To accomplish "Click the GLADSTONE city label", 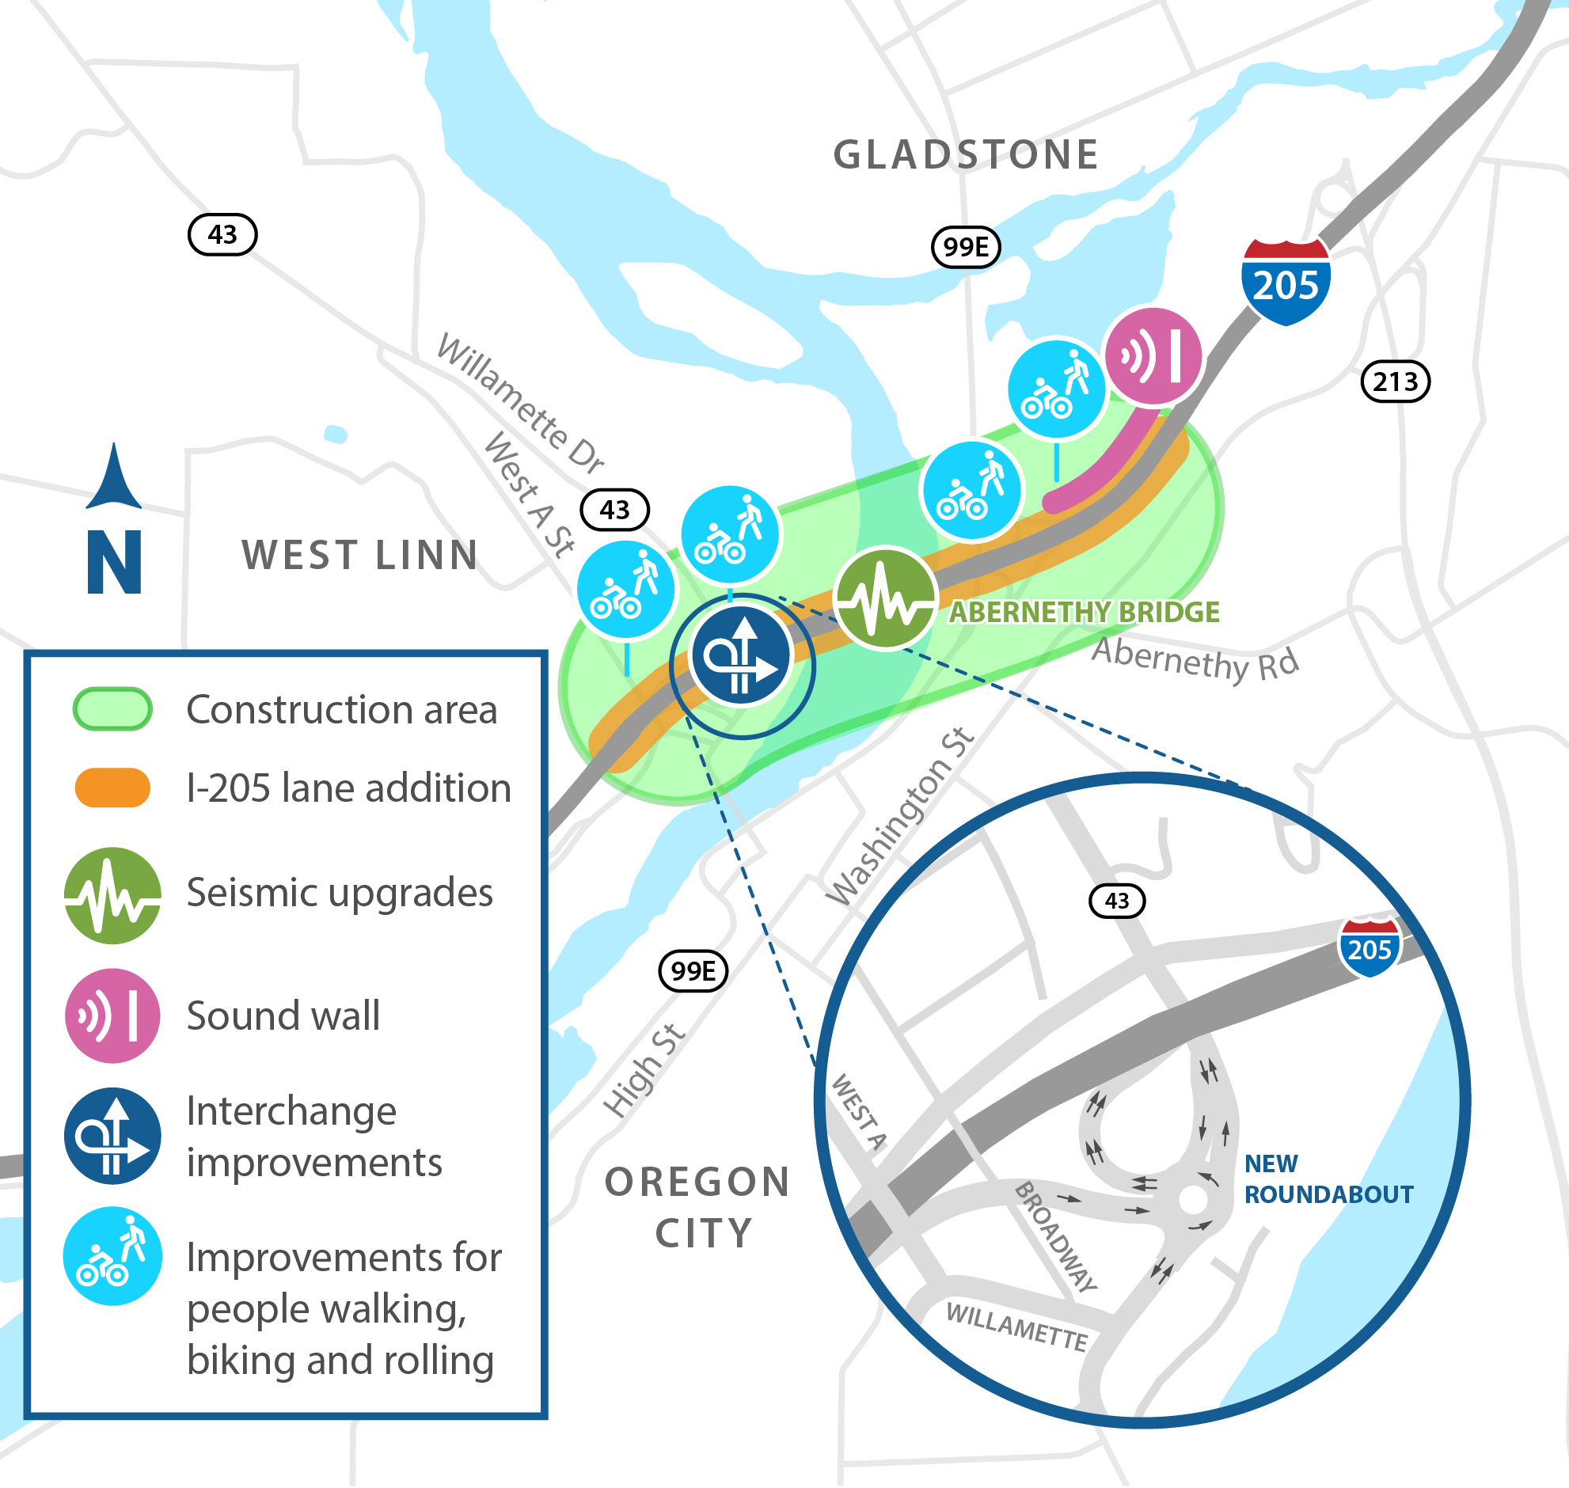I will [965, 154].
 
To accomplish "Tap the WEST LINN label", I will [360, 555].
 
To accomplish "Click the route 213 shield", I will [1396, 381].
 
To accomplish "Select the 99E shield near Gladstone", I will [965, 247].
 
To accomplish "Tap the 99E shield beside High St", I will [693, 970].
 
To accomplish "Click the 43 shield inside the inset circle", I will [1117, 901].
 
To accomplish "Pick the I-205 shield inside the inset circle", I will [1370, 948].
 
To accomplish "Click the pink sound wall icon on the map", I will [1153, 356].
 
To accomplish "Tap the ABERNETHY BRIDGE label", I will [1085, 613].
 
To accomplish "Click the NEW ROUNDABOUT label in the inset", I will [1328, 1179].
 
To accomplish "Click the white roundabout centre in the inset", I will [1192, 1200].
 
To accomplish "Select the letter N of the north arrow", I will [114, 563].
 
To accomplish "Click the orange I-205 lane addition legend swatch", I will [112, 788].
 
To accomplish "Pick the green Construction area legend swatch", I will [112, 709].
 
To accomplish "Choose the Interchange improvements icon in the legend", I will [112, 1136].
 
